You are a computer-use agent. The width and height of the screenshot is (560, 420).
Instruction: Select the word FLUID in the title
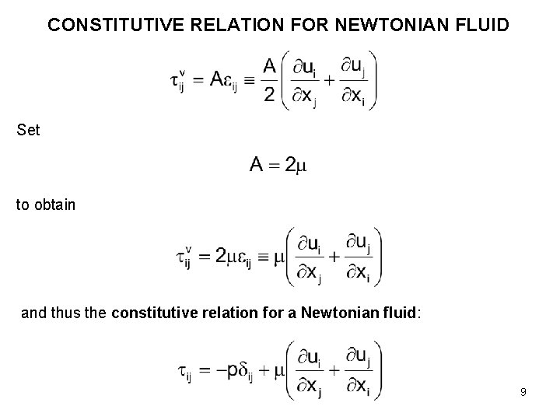tap(481, 25)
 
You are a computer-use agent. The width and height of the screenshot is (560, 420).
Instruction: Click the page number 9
tap(523, 392)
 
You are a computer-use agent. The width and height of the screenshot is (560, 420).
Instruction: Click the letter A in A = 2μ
tap(257, 165)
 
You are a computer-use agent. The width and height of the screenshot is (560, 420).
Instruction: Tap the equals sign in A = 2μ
tap(276, 166)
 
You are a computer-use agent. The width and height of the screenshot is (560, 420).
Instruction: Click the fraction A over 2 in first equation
tap(269, 81)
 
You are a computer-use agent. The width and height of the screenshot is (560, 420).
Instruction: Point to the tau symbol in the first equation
tap(177, 81)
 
